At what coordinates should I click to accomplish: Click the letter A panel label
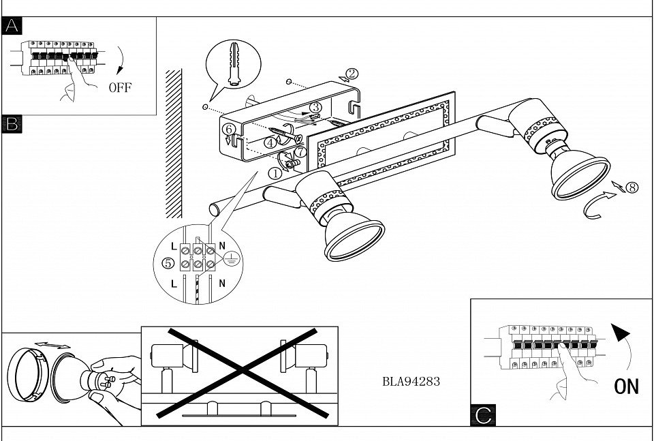pyautogui.click(x=12, y=26)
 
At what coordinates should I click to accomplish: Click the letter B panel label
pyautogui.click(x=12, y=124)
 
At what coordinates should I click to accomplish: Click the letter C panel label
pyautogui.click(x=482, y=415)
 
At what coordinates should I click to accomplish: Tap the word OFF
pyautogui.click(x=120, y=87)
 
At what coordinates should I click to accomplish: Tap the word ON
pyautogui.click(x=626, y=386)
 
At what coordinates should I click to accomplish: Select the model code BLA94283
pyautogui.click(x=411, y=382)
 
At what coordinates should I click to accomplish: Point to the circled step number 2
pyautogui.click(x=350, y=74)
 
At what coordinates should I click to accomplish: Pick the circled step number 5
pyautogui.click(x=168, y=262)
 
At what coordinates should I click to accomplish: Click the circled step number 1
pyautogui.click(x=274, y=173)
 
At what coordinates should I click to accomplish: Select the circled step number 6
pyautogui.click(x=229, y=128)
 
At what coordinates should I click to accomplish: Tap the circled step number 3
pyautogui.click(x=315, y=108)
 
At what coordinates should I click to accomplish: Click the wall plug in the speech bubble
pyautogui.click(x=235, y=63)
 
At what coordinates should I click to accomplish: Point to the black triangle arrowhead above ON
pyautogui.click(x=619, y=334)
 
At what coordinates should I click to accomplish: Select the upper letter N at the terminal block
pyautogui.click(x=223, y=243)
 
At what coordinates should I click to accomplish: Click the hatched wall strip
pyautogui.click(x=174, y=142)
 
